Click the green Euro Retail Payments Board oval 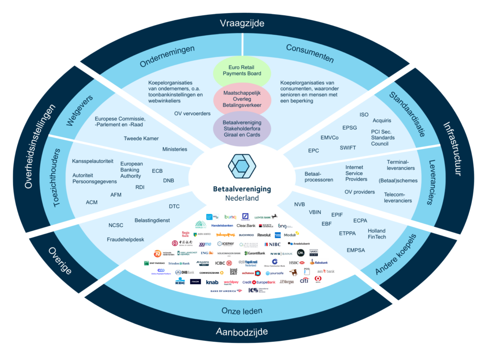click(x=242, y=70)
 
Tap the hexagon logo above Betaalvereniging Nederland click(x=242, y=165)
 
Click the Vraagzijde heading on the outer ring click(x=242, y=22)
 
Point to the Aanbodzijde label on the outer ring click(x=242, y=331)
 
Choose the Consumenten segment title click(x=310, y=53)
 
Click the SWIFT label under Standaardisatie click(x=348, y=147)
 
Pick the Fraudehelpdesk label click(x=125, y=239)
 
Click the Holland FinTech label click(x=377, y=234)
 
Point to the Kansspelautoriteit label click(x=93, y=161)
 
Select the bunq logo click(x=230, y=217)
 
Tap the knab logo click(x=212, y=282)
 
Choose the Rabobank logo click(x=319, y=262)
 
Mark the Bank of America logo click(x=226, y=291)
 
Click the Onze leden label click(x=242, y=311)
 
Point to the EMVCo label click(x=329, y=137)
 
